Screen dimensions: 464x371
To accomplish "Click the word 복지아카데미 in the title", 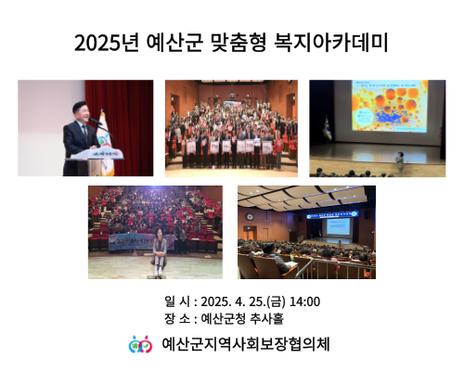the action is [331, 43].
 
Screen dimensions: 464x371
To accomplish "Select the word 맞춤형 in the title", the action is [238, 43].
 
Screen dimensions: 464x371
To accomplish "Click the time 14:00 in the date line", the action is [304, 301].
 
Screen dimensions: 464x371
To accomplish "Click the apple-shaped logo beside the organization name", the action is [140, 344].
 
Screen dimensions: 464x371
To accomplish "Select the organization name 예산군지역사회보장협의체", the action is [246, 344].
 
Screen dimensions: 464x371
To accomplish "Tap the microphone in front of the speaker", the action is [95, 121].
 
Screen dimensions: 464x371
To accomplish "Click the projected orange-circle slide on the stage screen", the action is [390, 106].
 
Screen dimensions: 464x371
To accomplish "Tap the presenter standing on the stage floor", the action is [400, 163].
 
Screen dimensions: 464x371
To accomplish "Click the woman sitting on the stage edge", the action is [159, 252].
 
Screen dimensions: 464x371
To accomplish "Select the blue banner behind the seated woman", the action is [141, 242].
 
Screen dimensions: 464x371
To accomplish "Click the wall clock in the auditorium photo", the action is [250, 217].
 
